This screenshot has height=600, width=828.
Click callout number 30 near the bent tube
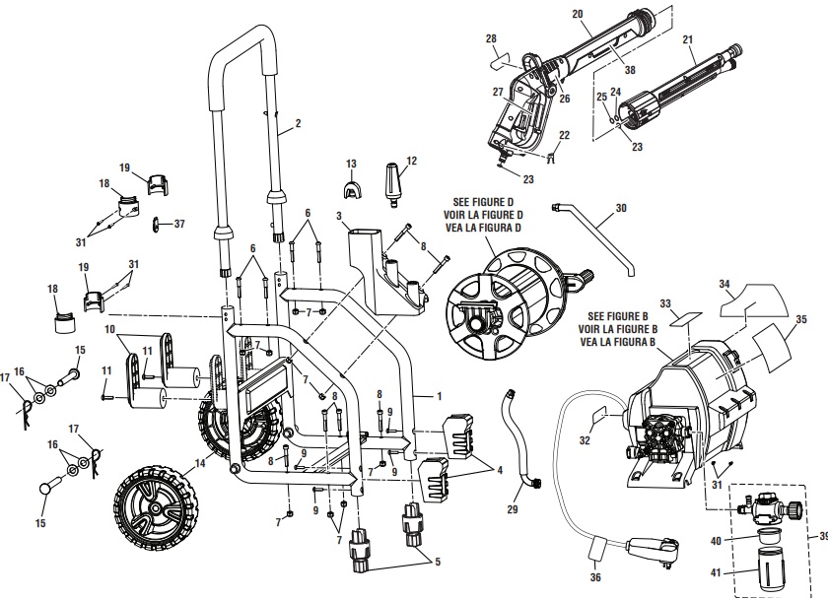coord(621,208)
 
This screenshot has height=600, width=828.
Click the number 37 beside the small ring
coord(178,223)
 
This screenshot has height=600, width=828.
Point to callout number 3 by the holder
coord(339,215)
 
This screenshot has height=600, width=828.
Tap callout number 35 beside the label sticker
coord(801,319)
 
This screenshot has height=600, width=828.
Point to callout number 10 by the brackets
coord(110,327)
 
